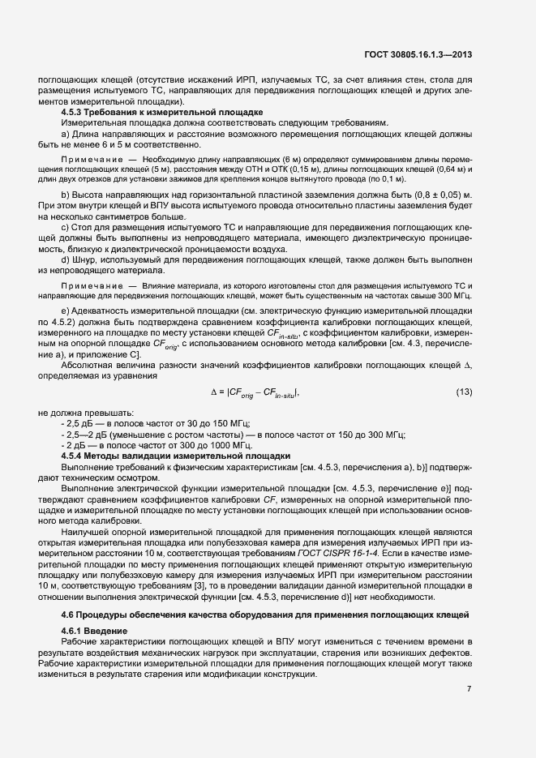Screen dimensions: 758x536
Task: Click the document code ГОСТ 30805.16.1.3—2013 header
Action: point(418,55)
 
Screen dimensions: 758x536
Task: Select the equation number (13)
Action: point(464,392)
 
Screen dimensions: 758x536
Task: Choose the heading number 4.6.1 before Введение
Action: point(73,630)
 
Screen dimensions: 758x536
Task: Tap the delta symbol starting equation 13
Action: point(213,392)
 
